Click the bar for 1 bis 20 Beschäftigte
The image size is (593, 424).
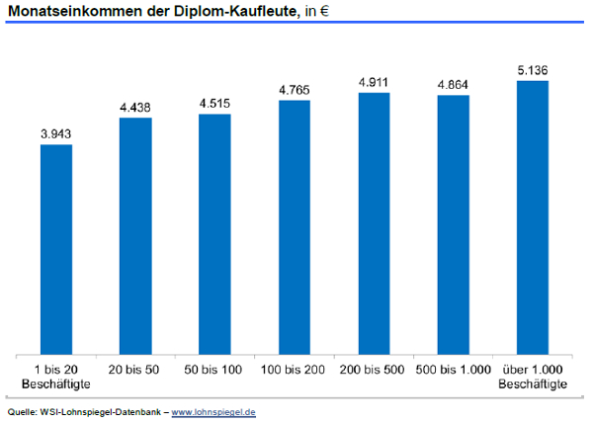pyautogui.click(x=56, y=249)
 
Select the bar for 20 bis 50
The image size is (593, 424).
pyautogui.click(x=135, y=236)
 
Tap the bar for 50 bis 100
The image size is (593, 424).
pyautogui.click(x=214, y=234)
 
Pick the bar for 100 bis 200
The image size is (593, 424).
pyautogui.click(x=295, y=227)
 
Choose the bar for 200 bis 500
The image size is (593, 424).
pyautogui.click(x=374, y=223)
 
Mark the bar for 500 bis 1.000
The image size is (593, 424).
pyautogui.click(x=453, y=224)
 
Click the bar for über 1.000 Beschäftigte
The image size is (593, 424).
pyautogui.click(x=532, y=217)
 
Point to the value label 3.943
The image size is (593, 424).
pyautogui.click(x=56, y=132)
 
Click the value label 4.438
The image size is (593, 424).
pyautogui.click(x=135, y=106)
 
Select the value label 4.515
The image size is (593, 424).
pyautogui.click(x=214, y=102)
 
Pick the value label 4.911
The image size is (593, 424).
pyautogui.click(x=374, y=81)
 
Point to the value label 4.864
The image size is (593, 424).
pyautogui.click(x=453, y=84)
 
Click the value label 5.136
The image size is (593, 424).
pyautogui.click(x=532, y=69)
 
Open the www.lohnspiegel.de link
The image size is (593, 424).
pyautogui.click(x=213, y=411)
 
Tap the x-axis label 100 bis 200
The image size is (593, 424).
pyautogui.click(x=295, y=371)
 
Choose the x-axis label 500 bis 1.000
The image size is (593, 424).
pyautogui.click(x=453, y=371)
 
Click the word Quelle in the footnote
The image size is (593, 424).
pyautogui.click(x=21, y=411)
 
